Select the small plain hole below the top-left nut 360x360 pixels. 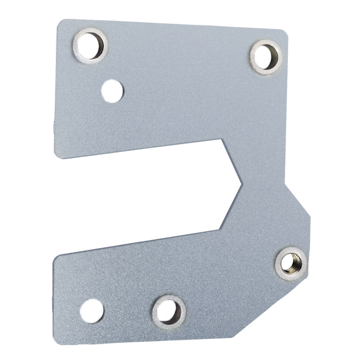[x=112, y=89]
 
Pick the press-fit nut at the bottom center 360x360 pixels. [x=169, y=310]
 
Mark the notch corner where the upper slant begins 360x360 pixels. [x=222, y=140]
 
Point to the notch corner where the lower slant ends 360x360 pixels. [x=221, y=228]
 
